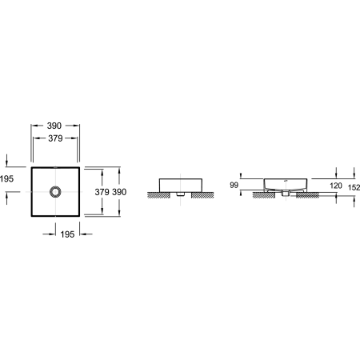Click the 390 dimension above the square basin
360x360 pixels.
pos(54,126)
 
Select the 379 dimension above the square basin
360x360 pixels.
pos(55,138)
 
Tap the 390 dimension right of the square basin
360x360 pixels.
pos(119,192)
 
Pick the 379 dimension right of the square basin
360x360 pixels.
pos(102,192)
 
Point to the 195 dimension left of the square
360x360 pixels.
pos(6,178)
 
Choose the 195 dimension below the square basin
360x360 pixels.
pos(67,234)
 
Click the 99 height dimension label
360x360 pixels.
pos(234,185)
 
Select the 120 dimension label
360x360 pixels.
pos(336,186)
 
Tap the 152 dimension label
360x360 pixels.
pos(354,187)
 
